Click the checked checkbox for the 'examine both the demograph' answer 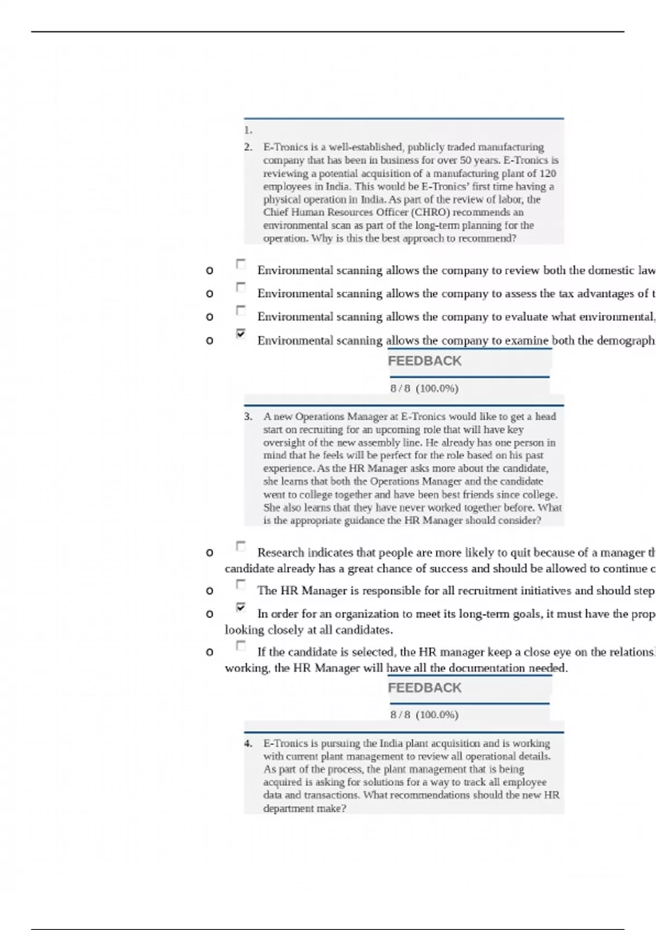coord(241,333)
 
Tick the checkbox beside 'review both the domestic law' coord(241,264)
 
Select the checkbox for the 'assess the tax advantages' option coord(241,287)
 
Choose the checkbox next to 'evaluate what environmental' coord(241,310)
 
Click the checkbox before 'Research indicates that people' coord(241,546)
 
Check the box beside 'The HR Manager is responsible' coord(241,584)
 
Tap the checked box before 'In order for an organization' coord(241,607)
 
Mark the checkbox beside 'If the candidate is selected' coord(241,646)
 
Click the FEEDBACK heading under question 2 coord(424,361)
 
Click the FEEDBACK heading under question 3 coord(424,688)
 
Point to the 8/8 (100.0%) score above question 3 coord(424,388)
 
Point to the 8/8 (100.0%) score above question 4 coord(424,715)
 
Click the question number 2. coord(248,147)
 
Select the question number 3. coord(248,416)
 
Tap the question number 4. coord(248,743)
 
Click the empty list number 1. coord(248,130)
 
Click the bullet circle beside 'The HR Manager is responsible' coord(209,591)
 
